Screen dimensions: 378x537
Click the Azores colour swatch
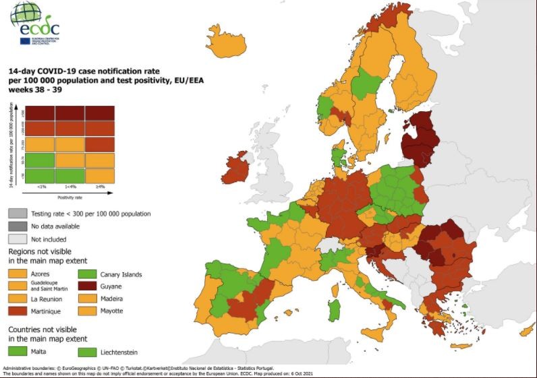click(x=18, y=274)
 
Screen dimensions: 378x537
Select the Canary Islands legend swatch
click(x=87, y=274)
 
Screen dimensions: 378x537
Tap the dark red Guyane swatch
click(x=87, y=286)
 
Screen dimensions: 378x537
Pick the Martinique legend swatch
click(x=18, y=311)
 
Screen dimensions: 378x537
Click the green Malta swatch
click(x=18, y=351)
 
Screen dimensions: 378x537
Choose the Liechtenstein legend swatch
click(x=87, y=351)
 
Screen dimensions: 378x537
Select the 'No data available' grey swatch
click(x=18, y=226)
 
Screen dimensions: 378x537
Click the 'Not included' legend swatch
click(x=18, y=238)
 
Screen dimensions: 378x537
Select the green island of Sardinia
click(x=333, y=311)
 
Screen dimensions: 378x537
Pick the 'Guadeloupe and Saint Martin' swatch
click(x=18, y=286)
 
